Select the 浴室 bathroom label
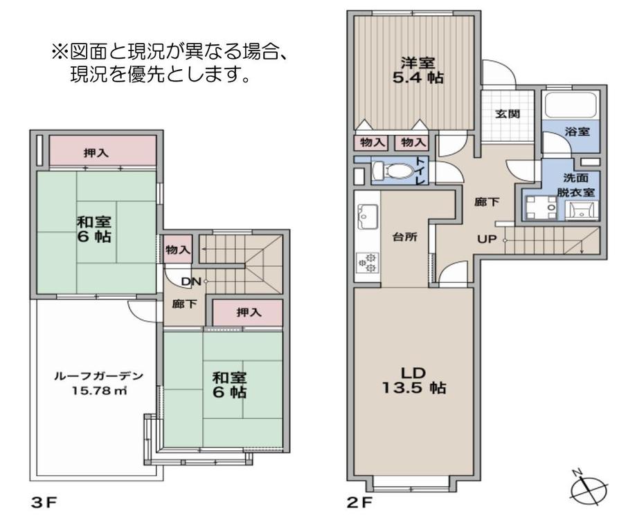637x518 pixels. [577, 129]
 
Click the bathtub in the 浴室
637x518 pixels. [573, 106]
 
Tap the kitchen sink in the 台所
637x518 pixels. [366, 217]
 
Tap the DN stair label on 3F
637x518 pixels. [190, 281]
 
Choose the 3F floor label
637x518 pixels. [42, 503]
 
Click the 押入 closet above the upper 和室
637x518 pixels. [96, 152]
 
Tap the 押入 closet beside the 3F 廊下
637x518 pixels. [247, 313]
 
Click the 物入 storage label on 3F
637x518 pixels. [178, 249]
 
